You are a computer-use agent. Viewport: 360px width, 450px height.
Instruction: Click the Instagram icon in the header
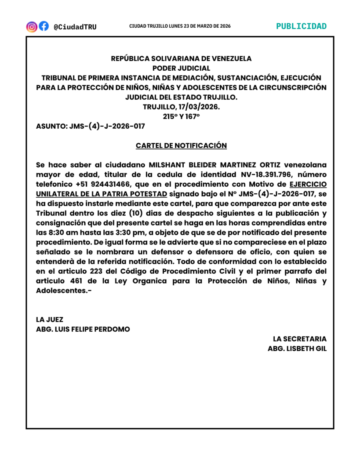tap(32, 26)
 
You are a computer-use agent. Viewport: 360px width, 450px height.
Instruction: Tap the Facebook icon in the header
tap(44, 26)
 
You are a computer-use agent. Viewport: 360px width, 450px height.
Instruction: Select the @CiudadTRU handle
tap(75, 27)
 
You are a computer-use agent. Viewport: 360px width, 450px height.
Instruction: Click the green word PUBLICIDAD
tap(301, 26)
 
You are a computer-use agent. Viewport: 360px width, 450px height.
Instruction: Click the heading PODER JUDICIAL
tap(181, 68)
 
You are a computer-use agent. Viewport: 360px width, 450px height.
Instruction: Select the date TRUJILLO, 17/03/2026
tap(181, 107)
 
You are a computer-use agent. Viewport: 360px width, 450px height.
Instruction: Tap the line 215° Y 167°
tap(181, 116)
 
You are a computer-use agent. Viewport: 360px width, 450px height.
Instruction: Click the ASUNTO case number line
tap(91, 126)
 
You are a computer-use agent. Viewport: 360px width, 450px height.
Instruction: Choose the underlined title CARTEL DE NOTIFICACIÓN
tap(181, 145)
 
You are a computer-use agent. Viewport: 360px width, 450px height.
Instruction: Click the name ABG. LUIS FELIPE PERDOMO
tap(83, 329)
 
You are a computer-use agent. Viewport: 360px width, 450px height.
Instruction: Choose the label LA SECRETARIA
tap(299, 339)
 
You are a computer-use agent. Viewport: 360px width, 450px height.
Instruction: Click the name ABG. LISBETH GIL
tap(297, 348)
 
